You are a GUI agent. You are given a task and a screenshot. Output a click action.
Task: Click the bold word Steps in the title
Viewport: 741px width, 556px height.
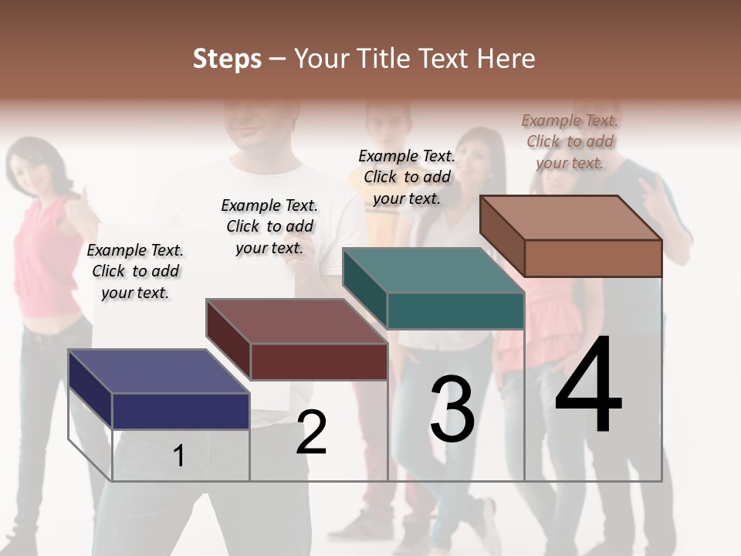point(227,59)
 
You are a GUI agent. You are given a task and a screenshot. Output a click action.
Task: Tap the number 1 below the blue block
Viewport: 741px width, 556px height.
point(178,456)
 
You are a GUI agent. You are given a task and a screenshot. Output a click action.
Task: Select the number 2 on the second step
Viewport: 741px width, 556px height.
point(311,432)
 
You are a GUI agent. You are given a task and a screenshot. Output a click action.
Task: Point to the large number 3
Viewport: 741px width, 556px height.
point(452,409)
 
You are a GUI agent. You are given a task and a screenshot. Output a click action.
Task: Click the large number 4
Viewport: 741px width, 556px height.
point(588,386)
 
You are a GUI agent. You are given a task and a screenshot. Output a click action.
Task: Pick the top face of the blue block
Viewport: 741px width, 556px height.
point(158,371)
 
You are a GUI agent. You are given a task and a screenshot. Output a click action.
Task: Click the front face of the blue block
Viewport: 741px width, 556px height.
point(181,411)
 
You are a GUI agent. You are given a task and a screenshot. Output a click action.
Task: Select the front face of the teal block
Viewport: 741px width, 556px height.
point(455,310)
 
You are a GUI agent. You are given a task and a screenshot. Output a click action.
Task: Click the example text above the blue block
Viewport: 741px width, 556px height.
point(135,271)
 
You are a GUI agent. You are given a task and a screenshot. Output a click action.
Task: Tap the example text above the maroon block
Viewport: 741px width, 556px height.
point(269,226)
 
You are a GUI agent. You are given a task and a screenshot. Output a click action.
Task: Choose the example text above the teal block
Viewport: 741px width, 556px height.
point(407,177)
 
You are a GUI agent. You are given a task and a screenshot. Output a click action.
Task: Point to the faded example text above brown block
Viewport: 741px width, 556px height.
point(570,141)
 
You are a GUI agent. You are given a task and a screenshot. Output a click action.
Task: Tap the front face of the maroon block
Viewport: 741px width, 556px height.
point(318,361)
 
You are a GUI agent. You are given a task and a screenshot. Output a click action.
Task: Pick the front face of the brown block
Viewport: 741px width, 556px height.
point(593,258)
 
